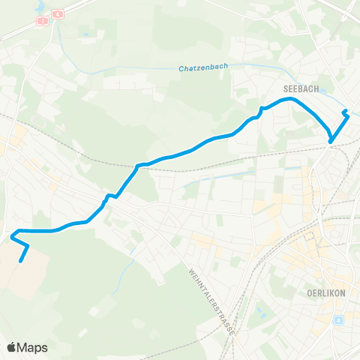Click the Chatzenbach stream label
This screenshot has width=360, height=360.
click(203, 68)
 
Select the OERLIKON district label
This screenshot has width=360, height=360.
click(325, 293)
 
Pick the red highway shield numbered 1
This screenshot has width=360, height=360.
click(43, 21)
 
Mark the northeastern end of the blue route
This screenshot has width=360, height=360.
click(344, 112)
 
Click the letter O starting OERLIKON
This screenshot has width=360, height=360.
click(310, 293)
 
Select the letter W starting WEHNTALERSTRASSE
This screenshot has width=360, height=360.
click(192, 271)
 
